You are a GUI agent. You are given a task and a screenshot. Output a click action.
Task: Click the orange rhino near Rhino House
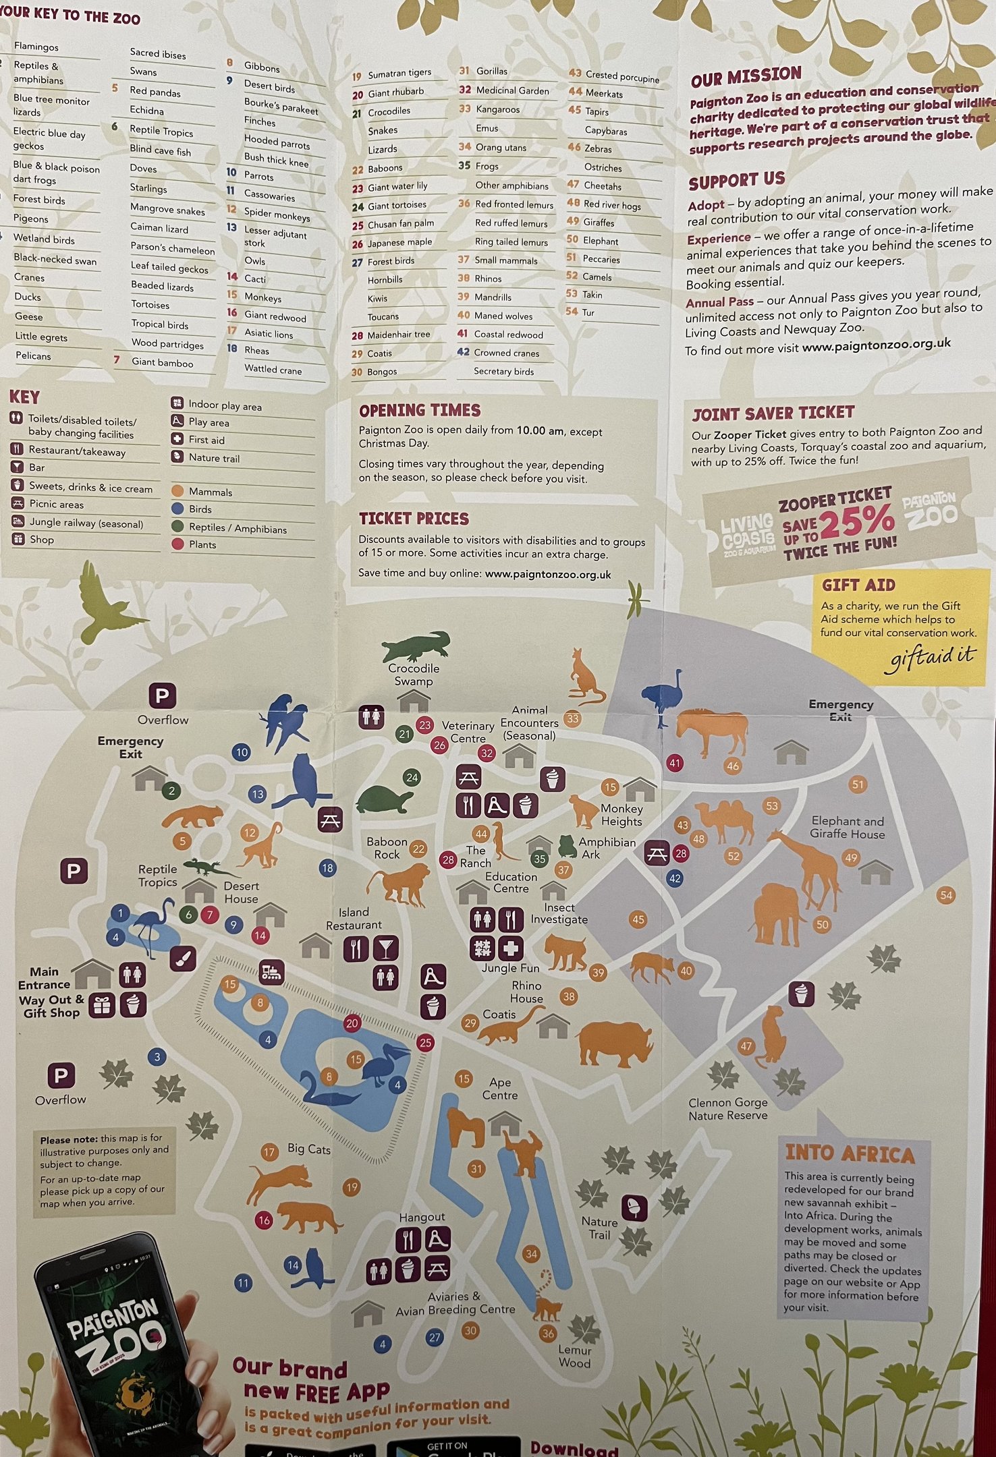point(615,1042)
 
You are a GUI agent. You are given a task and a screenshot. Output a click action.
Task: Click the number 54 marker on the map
point(946,895)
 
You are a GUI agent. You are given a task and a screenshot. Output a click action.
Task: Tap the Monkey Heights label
point(621,815)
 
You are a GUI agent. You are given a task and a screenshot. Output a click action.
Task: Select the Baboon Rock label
point(387,848)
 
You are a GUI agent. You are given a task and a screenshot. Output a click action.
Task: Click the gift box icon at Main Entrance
point(102,1005)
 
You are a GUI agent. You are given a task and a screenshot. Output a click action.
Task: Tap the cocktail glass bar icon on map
point(386,948)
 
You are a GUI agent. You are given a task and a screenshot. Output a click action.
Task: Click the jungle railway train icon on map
point(271,972)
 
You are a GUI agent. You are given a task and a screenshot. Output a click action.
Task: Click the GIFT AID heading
point(858,585)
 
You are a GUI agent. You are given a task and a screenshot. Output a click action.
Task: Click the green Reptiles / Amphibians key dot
point(177,526)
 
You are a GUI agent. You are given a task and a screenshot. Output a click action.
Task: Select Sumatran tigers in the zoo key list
point(399,74)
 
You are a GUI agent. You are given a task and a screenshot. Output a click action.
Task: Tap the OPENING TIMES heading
point(420,410)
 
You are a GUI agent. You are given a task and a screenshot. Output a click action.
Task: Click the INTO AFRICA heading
point(850,1154)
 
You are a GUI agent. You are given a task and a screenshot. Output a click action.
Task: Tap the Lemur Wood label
point(574,1356)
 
